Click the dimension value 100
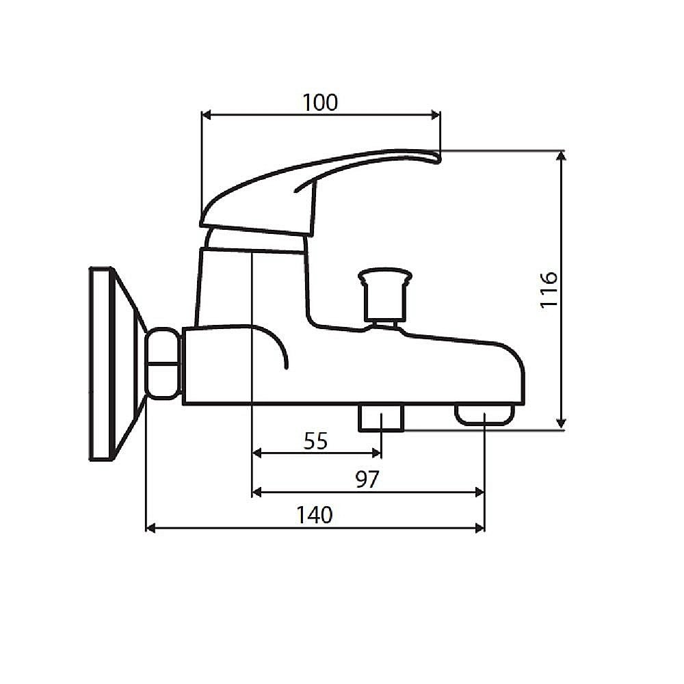[320, 103]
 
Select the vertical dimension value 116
[549, 290]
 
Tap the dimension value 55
[315, 442]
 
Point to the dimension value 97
[367, 479]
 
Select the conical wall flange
[116, 364]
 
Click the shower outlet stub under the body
[381, 417]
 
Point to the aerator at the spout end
[484, 415]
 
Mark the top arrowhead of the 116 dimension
[562, 156]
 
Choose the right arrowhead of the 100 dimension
[435, 115]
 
